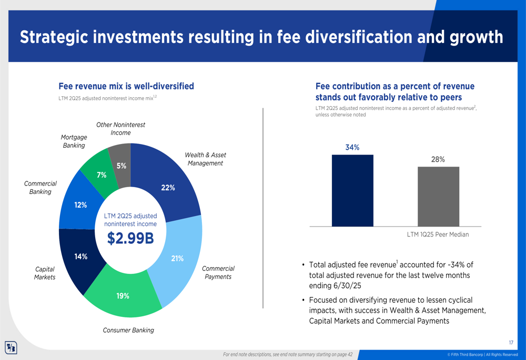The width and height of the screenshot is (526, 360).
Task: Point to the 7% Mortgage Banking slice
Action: (100, 173)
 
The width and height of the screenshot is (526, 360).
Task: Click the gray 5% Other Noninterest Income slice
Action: (121, 164)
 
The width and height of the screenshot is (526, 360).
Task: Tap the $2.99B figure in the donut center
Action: (130, 239)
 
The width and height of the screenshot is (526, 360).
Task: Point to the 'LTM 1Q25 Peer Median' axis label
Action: (438, 234)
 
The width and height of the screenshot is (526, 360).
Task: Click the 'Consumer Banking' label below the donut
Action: (128, 330)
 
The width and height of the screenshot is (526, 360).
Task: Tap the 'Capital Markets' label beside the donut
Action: (45, 273)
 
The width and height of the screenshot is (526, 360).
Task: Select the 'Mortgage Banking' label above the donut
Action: (74, 141)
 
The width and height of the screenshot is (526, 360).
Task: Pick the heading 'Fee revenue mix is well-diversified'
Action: (126, 86)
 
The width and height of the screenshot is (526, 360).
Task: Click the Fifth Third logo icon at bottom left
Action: (11, 347)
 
